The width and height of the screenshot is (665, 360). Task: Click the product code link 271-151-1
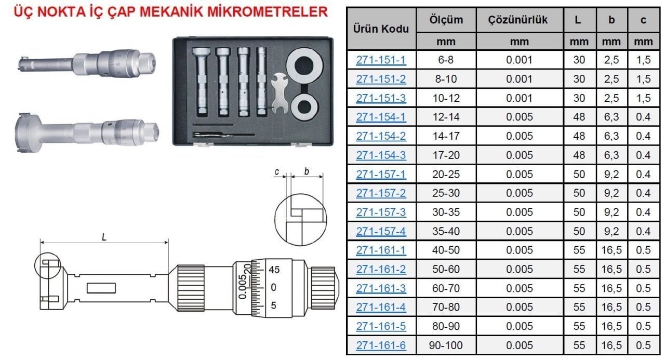pos(381,60)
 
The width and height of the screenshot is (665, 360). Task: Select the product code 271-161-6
pos(381,345)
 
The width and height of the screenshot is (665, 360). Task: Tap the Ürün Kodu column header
pos(381,29)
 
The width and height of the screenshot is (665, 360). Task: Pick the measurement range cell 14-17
pos(446,136)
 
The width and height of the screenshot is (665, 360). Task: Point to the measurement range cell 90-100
pos(446,345)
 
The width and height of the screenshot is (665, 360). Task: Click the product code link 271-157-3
pos(381,212)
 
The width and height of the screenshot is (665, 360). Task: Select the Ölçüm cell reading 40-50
pos(446,250)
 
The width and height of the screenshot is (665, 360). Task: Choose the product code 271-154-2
pos(381,136)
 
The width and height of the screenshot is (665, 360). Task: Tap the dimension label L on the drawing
pos(104,237)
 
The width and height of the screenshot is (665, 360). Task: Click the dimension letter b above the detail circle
pos(307,170)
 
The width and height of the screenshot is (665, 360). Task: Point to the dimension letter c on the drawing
pos(278,171)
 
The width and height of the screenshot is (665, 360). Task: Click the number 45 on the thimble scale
pos(275,270)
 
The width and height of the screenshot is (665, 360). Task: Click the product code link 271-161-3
pos(381,288)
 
